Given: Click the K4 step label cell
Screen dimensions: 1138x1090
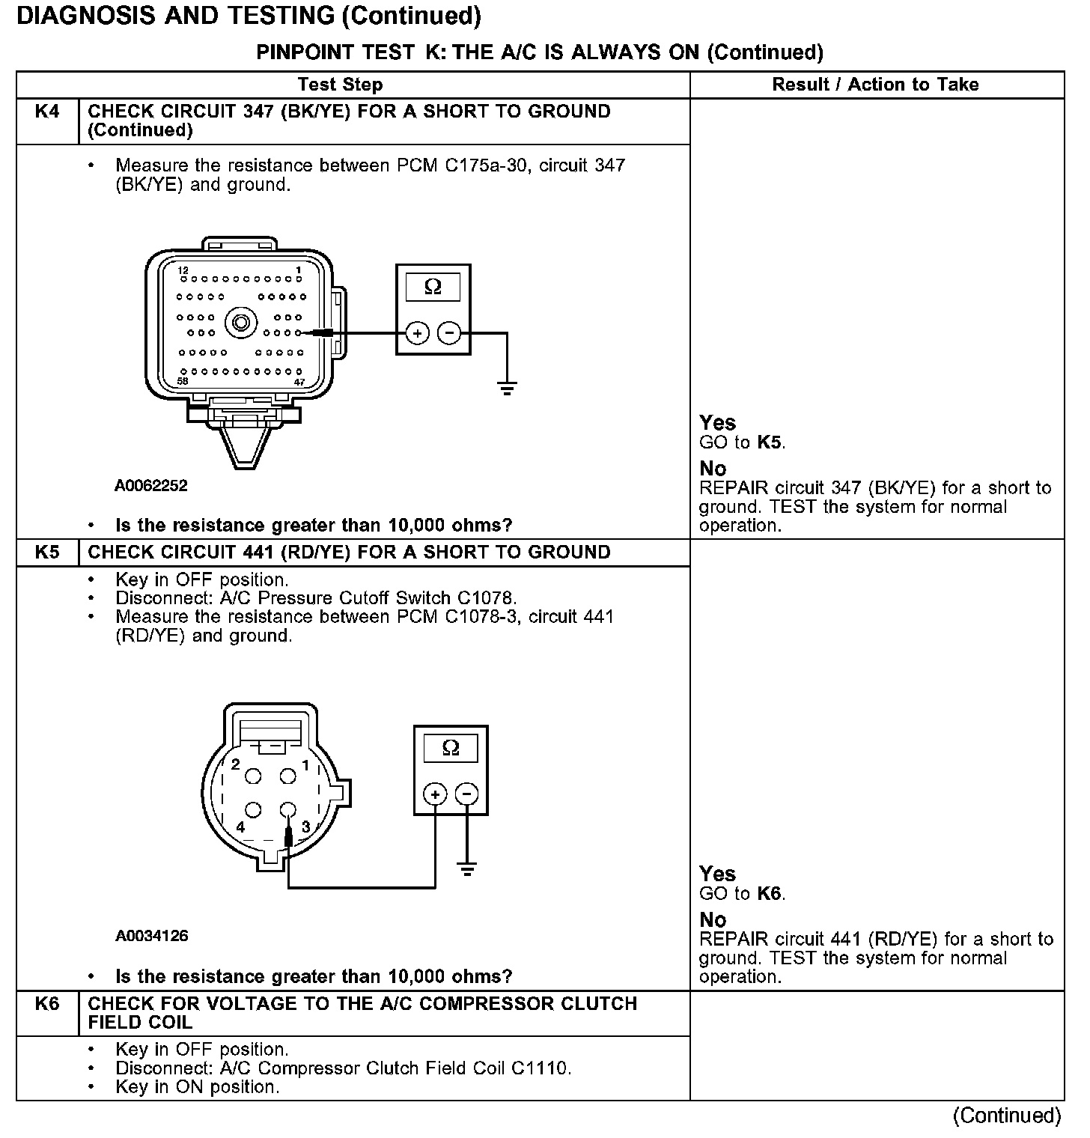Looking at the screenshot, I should point(47,112).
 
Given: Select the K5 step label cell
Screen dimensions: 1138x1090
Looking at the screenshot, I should point(47,553).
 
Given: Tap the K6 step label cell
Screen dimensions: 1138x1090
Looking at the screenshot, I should point(47,1004).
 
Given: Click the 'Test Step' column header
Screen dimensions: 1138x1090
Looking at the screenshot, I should point(340,85).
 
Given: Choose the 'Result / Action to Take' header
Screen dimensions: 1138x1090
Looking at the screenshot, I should point(875,85).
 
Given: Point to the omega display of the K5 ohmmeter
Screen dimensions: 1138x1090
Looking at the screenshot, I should point(451,748).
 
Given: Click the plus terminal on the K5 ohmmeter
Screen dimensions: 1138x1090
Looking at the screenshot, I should point(435,794).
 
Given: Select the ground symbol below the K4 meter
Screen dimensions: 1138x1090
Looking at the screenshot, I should point(507,387).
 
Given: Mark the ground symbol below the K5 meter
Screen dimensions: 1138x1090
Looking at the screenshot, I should point(466,869).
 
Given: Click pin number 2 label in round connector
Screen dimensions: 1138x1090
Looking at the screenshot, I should point(235,764).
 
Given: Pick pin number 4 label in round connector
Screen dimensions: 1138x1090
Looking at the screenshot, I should point(240,827).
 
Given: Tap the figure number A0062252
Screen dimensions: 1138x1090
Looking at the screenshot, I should point(151,486).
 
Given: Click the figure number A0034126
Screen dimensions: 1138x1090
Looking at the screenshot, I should point(151,936).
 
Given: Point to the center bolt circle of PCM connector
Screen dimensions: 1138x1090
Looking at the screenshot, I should point(242,323).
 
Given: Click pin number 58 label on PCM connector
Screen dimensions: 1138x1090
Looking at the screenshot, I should point(183,381).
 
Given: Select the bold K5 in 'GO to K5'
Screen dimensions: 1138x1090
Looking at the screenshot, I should point(770,442).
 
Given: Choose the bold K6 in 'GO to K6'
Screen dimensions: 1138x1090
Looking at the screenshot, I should point(770,893).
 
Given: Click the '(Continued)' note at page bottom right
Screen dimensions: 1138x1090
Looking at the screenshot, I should point(1006,1116).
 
